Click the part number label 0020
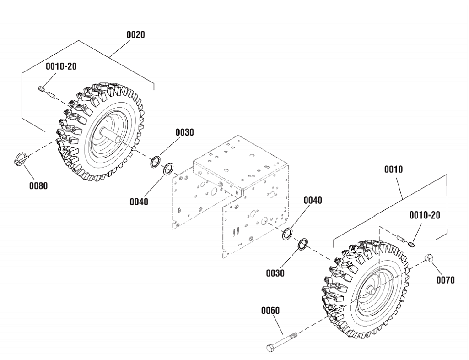pyautogui.click(x=135, y=35)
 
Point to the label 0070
pyautogui.click(x=445, y=279)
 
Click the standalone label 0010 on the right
pyautogui.click(x=393, y=169)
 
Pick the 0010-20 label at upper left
pyautogui.click(x=61, y=66)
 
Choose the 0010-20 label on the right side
pyautogui.click(x=425, y=215)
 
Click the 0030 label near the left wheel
pyautogui.click(x=184, y=132)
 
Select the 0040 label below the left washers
pyautogui.click(x=139, y=202)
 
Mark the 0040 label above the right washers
pyautogui.click(x=313, y=200)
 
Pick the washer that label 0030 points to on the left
pyautogui.click(x=155, y=161)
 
